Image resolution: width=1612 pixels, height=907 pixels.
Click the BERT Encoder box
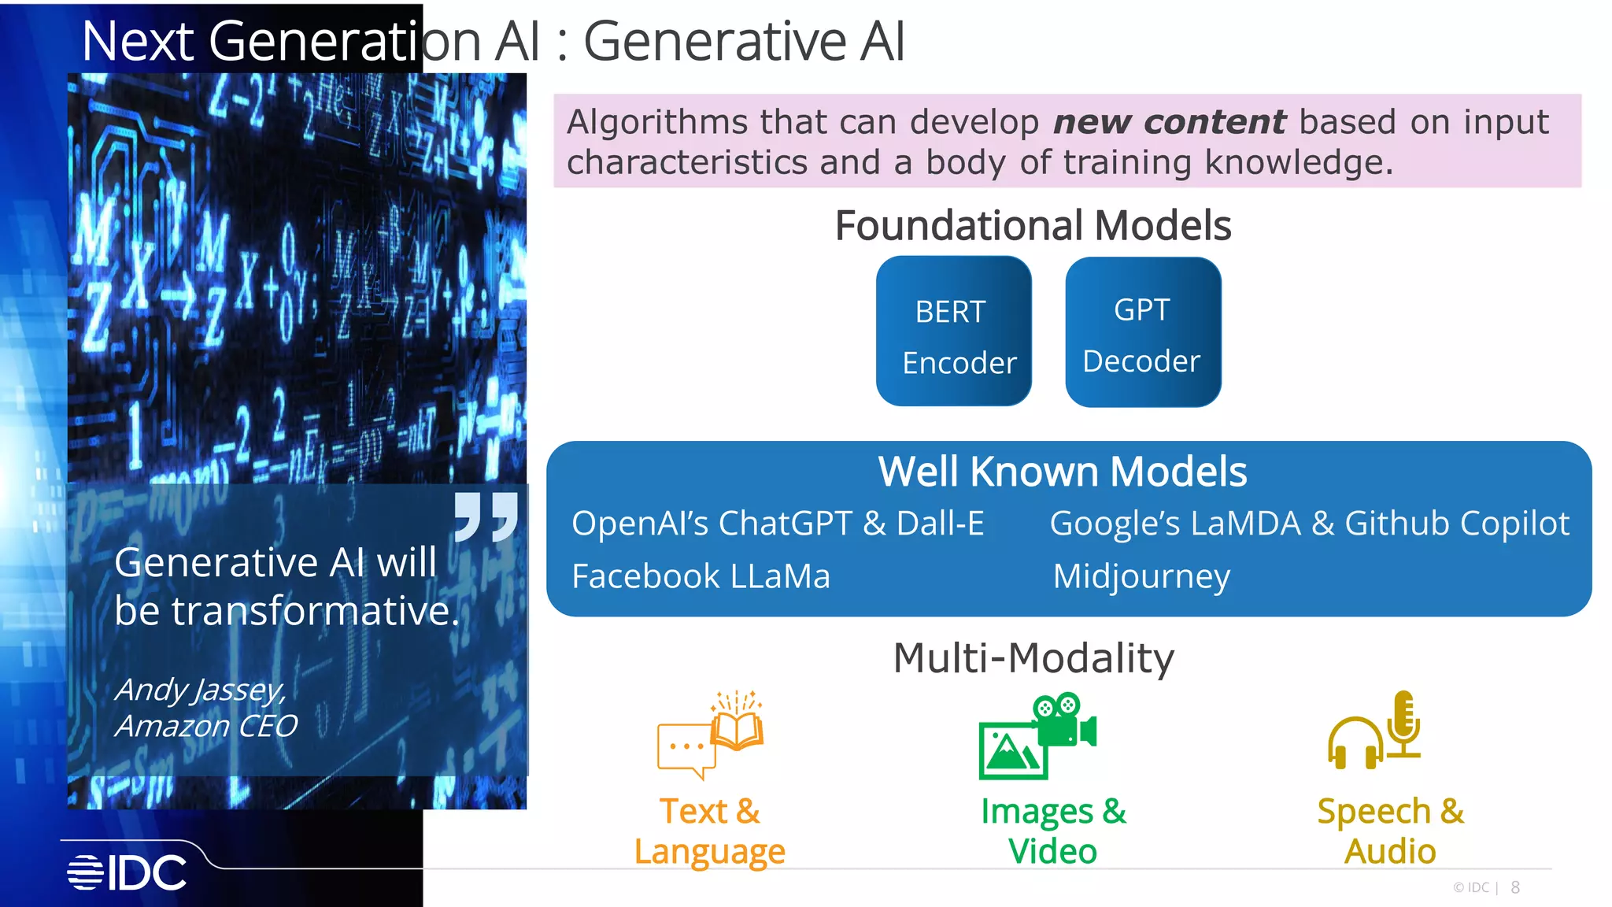click(953, 331)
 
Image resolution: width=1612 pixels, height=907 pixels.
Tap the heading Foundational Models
click(1033, 226)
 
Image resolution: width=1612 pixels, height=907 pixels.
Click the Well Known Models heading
click(1063, 472)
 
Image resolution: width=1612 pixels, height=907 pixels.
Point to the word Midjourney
click(1141, 576)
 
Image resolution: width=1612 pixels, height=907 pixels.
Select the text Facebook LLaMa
click(701, 576)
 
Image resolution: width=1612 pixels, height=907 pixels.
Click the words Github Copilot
click(1457, 524)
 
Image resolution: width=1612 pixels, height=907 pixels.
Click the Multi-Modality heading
click(1033, 657)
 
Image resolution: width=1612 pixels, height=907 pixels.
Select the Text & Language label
click(710, 831)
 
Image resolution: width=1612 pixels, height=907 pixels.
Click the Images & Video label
click(1053, 831)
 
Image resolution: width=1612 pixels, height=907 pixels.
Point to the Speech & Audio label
click(1390, 831)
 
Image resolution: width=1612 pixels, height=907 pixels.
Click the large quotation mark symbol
click(486, 516)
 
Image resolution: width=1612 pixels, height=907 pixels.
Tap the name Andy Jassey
click(200, 690)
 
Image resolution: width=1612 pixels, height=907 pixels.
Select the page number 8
click(1515, 887)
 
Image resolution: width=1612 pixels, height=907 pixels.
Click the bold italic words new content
click(1169, 122)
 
